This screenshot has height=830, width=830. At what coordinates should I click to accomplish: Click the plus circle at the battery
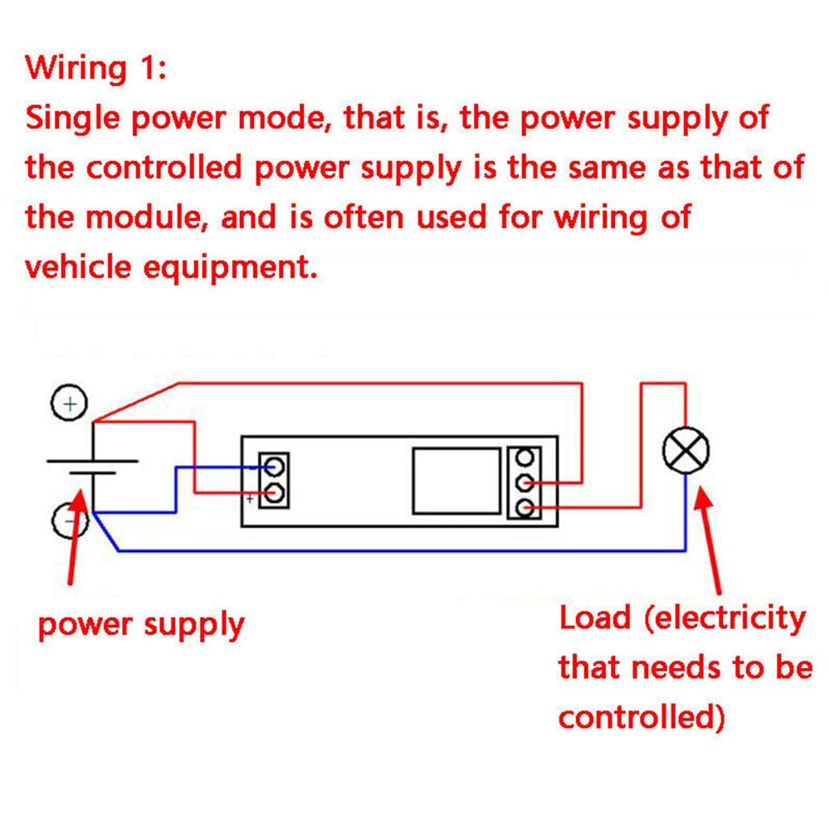coord(71,404)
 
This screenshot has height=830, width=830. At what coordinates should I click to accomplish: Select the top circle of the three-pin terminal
coord(524,457)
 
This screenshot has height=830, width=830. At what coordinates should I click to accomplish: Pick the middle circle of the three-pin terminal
coord(524,481)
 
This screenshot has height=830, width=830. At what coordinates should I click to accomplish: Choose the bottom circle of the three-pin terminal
coord(524,505)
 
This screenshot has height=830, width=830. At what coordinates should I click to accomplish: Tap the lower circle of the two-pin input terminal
coord(275,494)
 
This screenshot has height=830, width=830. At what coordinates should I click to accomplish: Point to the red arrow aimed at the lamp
coord(712,539)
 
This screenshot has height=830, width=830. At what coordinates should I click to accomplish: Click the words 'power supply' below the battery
coord(141,624)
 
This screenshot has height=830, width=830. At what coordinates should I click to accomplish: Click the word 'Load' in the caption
coord(594,618)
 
